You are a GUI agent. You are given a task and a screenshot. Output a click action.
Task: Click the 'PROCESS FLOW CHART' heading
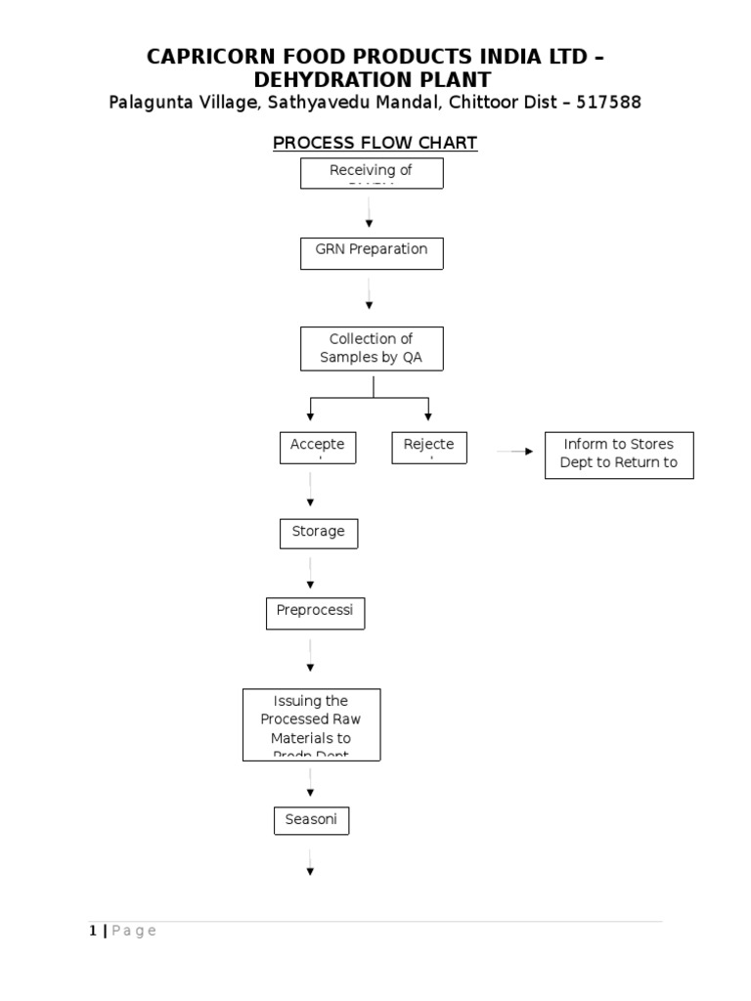pyautogui.click(x=375, y=143)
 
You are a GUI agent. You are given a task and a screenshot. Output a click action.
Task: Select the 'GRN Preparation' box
pyautogui.click(x=372, y=252)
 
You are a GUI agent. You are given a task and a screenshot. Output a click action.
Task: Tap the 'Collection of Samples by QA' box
pyautogui.click(x=372, y=349)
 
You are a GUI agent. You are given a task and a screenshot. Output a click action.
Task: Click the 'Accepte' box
pyautogui.click(x=318, y=447)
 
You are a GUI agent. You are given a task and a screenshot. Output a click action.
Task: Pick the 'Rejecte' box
pyautogui.click(x=428, y=447)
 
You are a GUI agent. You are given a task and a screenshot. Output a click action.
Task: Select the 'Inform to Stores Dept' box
pyautogui.click(x=618, y=455)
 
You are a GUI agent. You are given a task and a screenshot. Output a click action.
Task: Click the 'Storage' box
pyautogui.click(x=318, y=533)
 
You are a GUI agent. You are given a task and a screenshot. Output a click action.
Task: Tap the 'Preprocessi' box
pyautogui.click(x=315, y=614)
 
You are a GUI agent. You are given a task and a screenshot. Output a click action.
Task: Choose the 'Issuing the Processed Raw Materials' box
pyautogui.click(x=311, y=724)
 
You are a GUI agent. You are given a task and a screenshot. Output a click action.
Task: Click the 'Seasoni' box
pyautogui.click(x=311, y=821)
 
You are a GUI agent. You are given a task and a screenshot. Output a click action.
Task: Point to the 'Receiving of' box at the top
pyautogui.click(x=372, y=173)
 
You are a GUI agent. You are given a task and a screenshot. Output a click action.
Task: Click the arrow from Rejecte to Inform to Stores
pyautogui.click(x=515, y=451)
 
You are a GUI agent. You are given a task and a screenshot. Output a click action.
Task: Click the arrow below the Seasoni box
pyautogui.click(x=311, y=862)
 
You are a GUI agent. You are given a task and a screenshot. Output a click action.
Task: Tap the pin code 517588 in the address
pyautogui.click(x=609, y=103)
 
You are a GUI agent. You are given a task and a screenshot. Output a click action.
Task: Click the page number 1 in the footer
pyautogui.click(x=93, y=931)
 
